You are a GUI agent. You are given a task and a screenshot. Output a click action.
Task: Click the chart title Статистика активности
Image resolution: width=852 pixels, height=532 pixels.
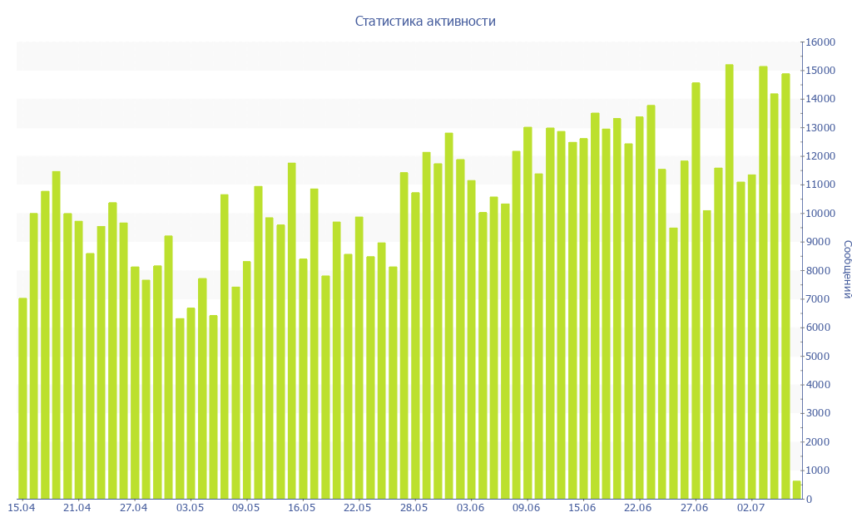coord(425,22)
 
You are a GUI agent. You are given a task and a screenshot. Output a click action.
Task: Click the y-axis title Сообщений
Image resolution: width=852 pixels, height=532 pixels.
coord(846,269)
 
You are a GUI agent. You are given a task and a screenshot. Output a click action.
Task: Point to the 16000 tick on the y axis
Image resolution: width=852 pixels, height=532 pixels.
coord(820,42)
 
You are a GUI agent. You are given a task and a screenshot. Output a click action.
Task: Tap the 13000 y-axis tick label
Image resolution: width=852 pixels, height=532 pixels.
coord(820,128)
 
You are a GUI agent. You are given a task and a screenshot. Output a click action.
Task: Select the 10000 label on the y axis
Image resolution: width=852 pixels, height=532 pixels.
coord(820,214)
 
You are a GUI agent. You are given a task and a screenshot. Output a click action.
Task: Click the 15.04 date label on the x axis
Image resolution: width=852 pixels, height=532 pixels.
coord(22,507)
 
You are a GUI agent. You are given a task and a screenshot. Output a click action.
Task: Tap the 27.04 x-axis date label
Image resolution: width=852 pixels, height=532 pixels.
coord(134,507)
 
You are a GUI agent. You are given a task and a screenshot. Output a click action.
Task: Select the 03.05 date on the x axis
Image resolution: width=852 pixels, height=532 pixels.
coord(190,507)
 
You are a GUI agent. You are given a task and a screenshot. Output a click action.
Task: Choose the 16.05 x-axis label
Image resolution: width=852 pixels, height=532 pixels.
coord(302,507)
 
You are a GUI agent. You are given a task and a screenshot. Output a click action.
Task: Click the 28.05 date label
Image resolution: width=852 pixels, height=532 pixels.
coord(414,507)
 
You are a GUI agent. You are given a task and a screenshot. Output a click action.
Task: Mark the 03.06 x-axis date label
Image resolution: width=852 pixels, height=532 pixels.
coord(471,507)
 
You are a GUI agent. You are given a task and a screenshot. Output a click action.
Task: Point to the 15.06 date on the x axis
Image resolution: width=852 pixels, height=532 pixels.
coord(582,507)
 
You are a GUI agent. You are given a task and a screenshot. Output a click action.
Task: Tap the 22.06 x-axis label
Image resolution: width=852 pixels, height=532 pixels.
coord(639,507)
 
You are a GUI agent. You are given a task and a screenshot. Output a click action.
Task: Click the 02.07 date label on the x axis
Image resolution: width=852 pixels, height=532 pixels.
coord(751,507)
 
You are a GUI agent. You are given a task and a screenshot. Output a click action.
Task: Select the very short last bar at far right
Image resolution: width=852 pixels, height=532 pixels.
coord(796,490)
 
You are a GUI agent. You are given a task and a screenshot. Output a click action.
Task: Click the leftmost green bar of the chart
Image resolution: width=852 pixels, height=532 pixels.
coord(22,399)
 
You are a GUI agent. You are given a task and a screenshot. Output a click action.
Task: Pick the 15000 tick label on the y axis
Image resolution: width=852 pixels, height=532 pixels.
coord(820,71)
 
